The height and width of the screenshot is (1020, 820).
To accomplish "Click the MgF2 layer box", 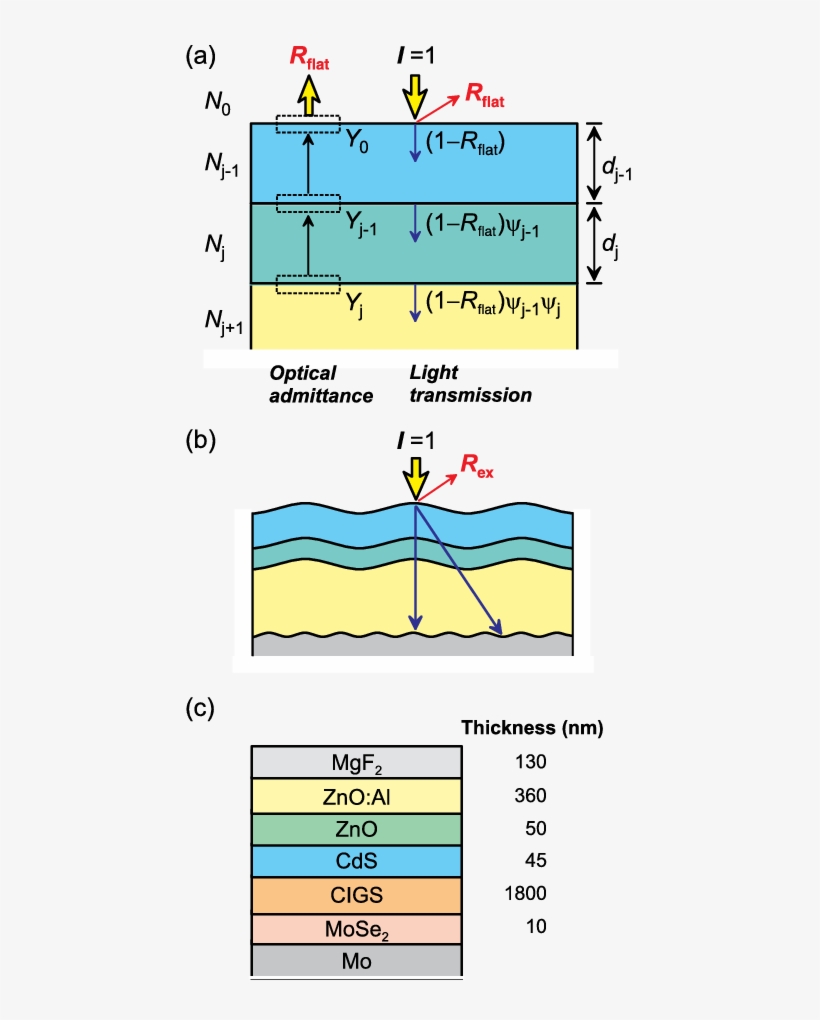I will click(356, 763).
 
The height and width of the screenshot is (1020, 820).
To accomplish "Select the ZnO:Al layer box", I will click(356, 796).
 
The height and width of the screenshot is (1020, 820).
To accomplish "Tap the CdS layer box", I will click(356, 861).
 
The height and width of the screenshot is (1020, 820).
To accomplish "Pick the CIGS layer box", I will click(356, 894).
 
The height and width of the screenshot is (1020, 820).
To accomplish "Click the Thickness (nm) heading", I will click(531, 727).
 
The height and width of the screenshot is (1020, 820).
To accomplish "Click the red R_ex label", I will click(476, 464).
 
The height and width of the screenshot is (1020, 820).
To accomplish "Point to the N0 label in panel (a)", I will click(220, 103).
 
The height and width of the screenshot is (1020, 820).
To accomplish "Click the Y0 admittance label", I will click(357, 143).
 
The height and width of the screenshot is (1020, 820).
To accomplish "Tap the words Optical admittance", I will click(321, 384).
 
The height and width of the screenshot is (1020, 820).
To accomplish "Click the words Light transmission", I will click(470, 384).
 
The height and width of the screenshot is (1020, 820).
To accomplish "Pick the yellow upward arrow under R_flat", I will click(309, 97).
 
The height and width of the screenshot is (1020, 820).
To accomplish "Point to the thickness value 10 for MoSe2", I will click(537, 927).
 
